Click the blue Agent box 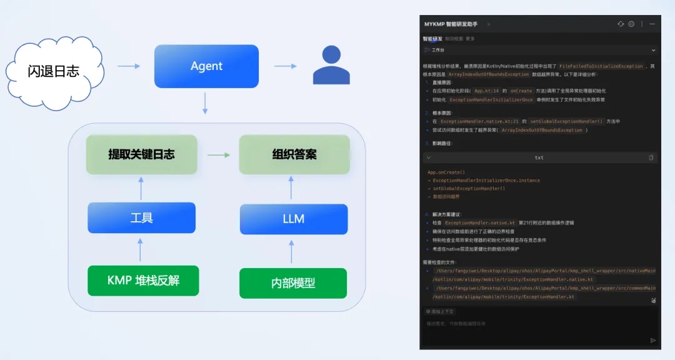pos(206,66)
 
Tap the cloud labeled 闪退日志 pos(54,70)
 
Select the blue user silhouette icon pos(331,66)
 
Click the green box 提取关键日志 pos(141,154)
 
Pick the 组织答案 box pos(294,154)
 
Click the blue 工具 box pos(141,218)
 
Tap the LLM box pos(293,219)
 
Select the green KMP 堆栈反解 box pos(143,280)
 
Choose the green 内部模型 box pos(293,283)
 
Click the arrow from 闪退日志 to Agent pos(129,66)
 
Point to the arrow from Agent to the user pos(285,66)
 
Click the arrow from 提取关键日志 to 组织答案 pos(218,154)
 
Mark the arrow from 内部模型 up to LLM pos(291,251)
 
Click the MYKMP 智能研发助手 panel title pos(451,24)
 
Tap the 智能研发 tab pos(432,39)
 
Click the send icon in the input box pos(653,340)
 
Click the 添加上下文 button pos(441,311)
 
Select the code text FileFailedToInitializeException pos(601,66)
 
